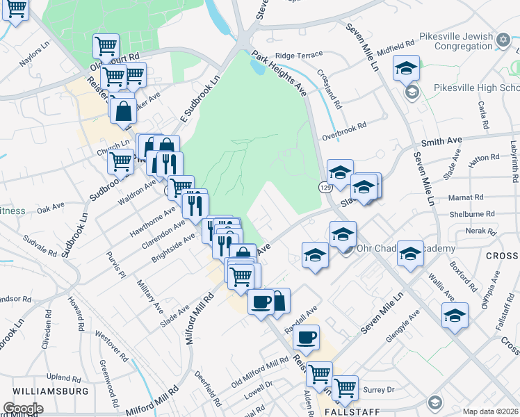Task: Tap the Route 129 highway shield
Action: pyautogui.click(x=325, y=188)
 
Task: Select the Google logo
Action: pyautogui.click(x=23, y=408)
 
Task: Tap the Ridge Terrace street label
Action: pyautogui.click(x=299, y=55)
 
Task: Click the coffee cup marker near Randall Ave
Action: pyautogui.click(x=306, y=338)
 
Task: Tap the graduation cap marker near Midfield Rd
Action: pyautogui.click(x=406, y=69)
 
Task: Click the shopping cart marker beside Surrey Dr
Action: pyautogui.click(x=345, y=388)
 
